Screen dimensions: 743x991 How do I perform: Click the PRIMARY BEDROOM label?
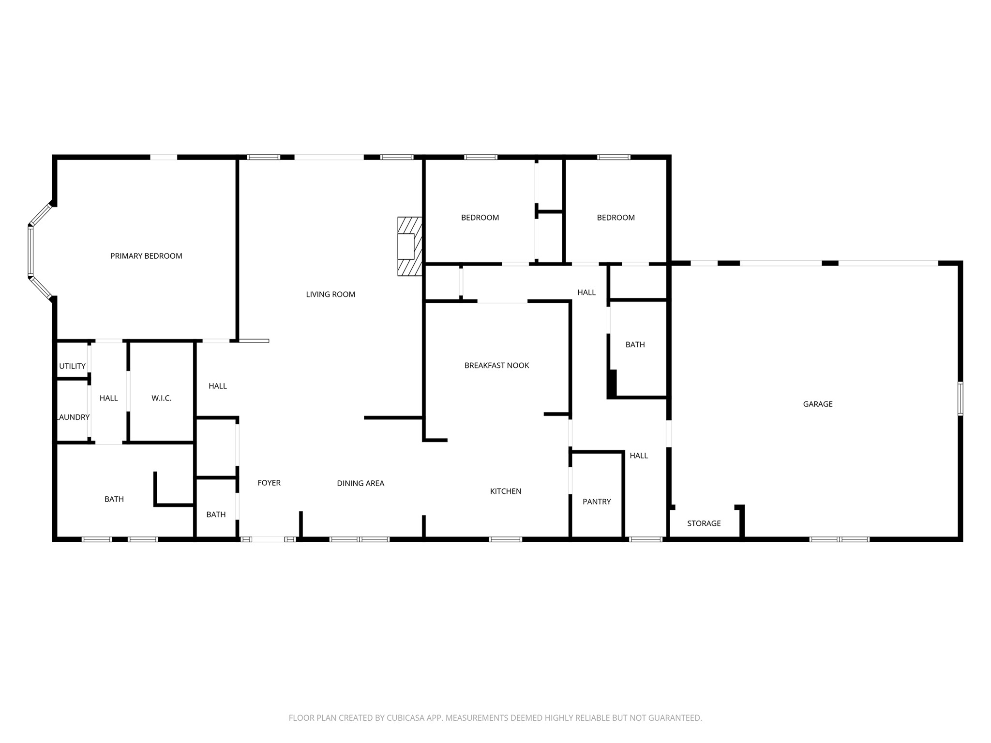coord(146,256)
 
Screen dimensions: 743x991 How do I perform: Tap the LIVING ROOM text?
coord(330,294)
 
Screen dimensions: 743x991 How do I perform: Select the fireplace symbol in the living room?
coord(409,246)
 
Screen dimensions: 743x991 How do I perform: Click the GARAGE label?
coord(818,404)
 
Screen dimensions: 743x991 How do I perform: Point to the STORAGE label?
coord(704,523)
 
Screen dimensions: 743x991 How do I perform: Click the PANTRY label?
coord(597,502)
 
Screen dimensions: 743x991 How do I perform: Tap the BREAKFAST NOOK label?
coord(496,365)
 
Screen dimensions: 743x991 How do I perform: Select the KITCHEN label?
coord(506,491)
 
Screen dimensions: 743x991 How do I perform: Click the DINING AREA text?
coord(360,483)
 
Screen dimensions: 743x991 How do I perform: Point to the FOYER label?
coord(269,483)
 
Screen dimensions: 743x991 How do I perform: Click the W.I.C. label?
coord(161,398)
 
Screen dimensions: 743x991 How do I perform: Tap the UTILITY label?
coord(72,366)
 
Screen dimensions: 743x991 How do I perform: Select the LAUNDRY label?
coord(74,417)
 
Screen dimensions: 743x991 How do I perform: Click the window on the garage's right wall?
coord(961,398)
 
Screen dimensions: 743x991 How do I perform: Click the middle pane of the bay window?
coord(30,252)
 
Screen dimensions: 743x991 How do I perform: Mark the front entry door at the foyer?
coord(268,539)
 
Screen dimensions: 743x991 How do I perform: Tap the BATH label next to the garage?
coord(635,344)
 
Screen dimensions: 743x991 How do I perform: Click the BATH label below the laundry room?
coord(114,499)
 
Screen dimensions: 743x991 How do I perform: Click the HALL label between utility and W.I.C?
coord(108,398)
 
